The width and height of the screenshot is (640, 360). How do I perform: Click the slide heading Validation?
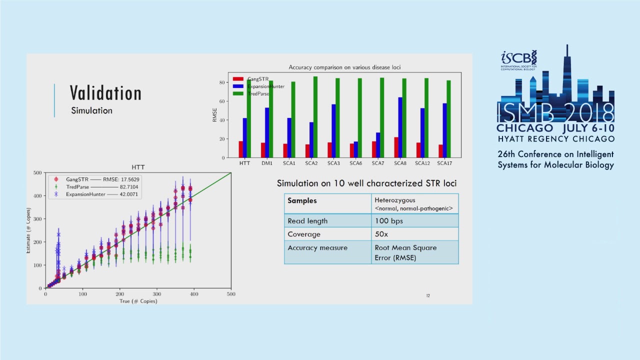pos(105,93)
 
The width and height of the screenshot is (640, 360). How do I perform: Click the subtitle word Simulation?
pos(91,110)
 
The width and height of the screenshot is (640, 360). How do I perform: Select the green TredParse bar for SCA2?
pos(315,117)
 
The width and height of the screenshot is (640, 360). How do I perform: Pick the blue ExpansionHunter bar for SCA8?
pos(400,127)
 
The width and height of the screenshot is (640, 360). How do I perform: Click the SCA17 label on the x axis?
pos(444,163)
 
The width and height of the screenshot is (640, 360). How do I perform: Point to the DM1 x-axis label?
pos(267,163)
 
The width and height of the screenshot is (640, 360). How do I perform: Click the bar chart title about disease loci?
pos(344,67)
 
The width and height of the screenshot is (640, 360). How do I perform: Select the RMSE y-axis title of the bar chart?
pos(215,115)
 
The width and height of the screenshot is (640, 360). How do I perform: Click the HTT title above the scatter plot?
pos(138,167)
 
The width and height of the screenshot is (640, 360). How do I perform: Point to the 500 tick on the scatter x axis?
pos(230,294)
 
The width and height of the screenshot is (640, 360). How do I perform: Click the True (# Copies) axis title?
pos(138,301)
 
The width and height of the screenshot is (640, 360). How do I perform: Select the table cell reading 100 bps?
pos(388,220)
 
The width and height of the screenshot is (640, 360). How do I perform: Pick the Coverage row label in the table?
pos(304,234)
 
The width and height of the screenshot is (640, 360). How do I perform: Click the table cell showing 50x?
pos(382,234)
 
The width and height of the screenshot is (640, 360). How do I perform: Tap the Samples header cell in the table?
pos(302,200)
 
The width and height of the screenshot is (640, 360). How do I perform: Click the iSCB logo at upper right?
pos(519,59)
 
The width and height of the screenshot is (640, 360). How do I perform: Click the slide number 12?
pos(428,296)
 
